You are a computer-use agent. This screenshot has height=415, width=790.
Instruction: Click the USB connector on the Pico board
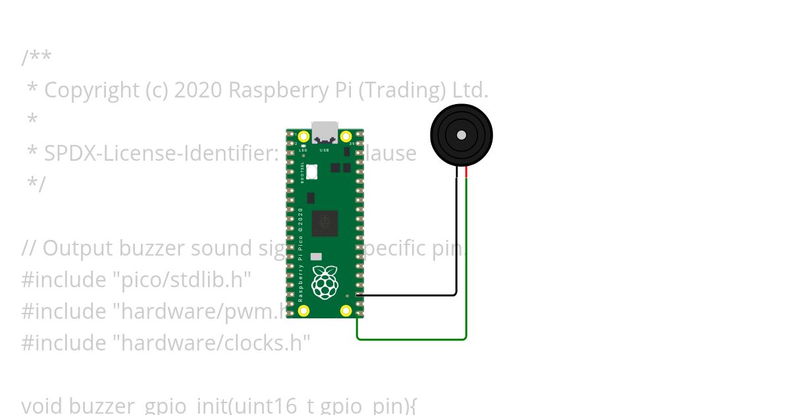click(x=325, y=132)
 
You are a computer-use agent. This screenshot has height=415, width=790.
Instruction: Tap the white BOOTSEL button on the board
click(x=311, y=172)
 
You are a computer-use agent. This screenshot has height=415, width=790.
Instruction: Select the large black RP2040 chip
click(x=325, y=223)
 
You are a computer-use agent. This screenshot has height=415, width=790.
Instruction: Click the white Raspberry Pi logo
click(x=324, y=281)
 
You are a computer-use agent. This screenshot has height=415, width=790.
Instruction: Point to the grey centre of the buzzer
click(x=461, y=135)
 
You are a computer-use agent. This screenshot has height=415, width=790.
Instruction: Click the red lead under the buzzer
click(x=466, y=172)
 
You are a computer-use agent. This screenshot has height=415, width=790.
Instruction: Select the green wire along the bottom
click(x=411, y=340)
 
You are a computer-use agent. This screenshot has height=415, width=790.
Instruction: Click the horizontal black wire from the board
click(x=408, y=295)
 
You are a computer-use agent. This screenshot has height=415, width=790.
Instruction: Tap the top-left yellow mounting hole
click(x=303, y=137)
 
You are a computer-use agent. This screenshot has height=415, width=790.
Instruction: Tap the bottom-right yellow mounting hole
click(x=346, y=311)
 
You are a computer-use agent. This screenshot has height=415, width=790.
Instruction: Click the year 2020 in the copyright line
click(x=199, y=90)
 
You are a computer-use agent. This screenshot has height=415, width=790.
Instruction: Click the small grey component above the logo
click(x=316, y=256)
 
